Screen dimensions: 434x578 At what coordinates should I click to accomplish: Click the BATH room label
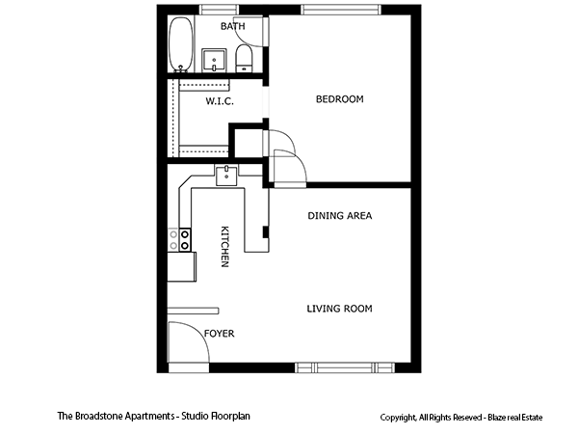coord(232,26)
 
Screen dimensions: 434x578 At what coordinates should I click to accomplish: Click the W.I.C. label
coord(219,100)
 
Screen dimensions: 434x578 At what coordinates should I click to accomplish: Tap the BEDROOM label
coord(340,99)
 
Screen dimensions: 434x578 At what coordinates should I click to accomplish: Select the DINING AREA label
coord(339,216)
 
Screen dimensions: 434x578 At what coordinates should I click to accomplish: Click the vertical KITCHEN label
coord(224,247)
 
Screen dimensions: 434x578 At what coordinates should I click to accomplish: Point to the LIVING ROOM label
coord(339,309)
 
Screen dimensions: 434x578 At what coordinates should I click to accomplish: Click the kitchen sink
coord(226,175)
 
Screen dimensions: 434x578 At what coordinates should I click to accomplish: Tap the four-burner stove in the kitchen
coord(179,240)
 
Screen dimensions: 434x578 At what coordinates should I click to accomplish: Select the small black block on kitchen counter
coord(266,231)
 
